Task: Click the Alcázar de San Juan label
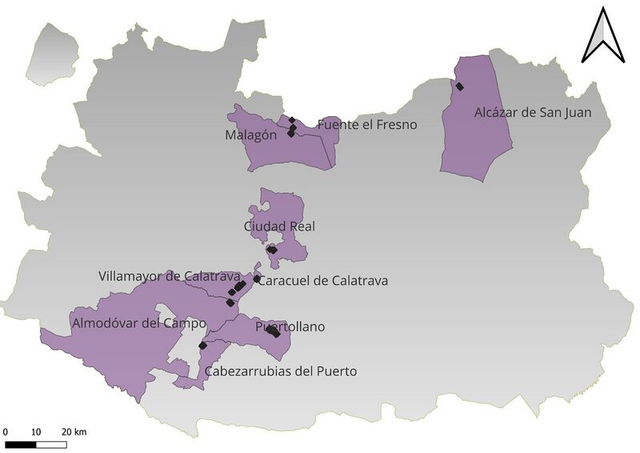pos(533,113)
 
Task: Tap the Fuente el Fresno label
pos(367,125)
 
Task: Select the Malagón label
pos(250,135)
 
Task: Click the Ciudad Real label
pos(280,226)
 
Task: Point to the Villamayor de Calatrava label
pos(170,276)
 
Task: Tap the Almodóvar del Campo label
pos(138,323)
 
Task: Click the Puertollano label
pos(290,327)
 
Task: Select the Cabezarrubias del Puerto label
pos(281,371)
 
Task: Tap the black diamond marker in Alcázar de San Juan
pos(459,86)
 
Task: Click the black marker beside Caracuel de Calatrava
pos(257,279)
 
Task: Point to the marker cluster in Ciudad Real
pos(272,250)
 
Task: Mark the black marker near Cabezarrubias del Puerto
pos(203,346)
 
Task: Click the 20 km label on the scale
pos(74,432)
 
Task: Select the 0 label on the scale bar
pos(6,432)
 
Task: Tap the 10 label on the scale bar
pos(35,432)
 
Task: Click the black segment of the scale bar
pos(20,443)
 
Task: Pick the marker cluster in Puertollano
pos(274,332)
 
